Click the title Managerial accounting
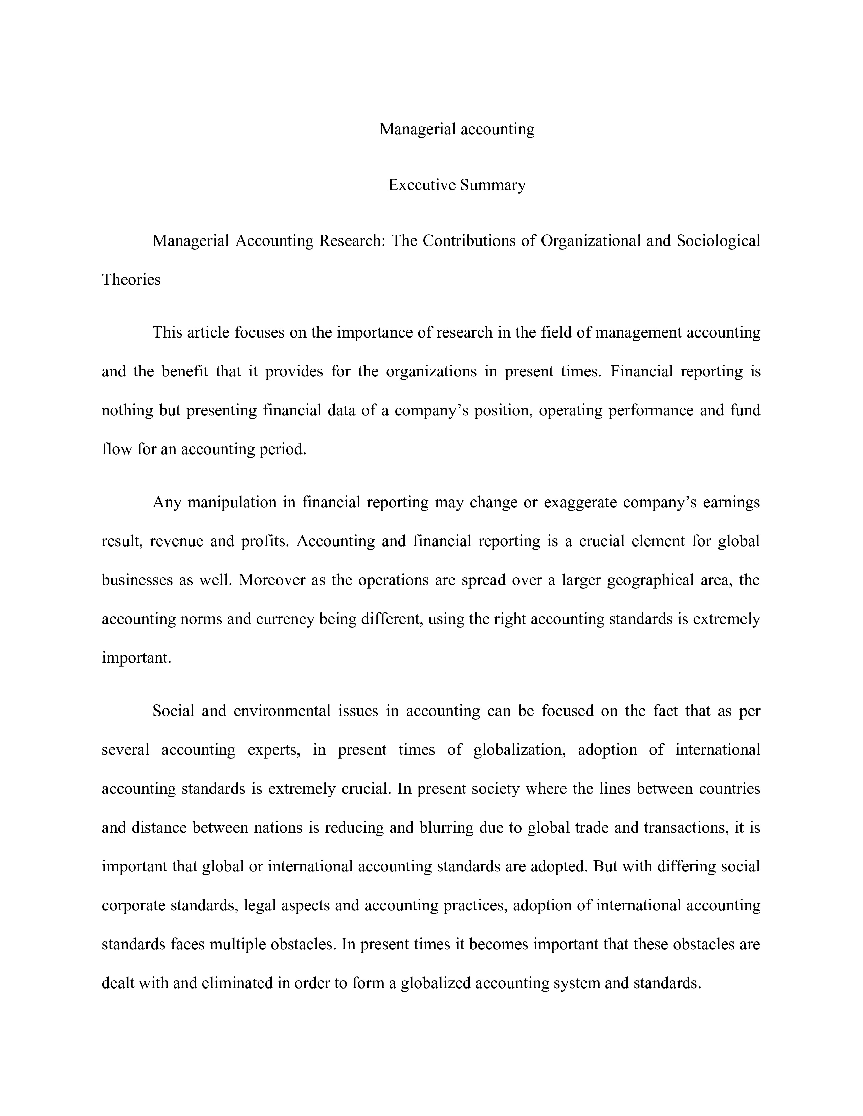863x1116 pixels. (457, 129)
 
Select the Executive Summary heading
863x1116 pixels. (457, 185)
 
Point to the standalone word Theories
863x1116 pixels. (131, 280)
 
